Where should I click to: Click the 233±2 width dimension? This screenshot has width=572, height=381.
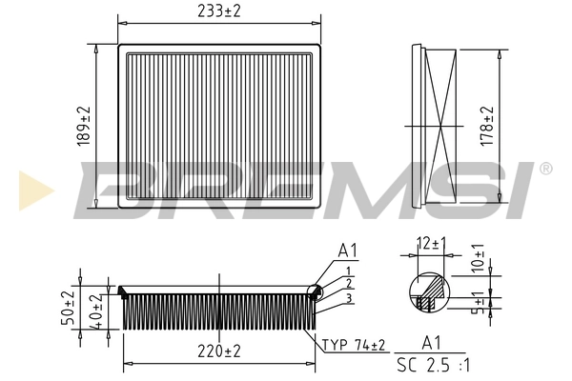point(219,10)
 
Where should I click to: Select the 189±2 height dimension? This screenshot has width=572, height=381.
point(84,126)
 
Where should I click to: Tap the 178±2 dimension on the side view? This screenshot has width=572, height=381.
point(486,126)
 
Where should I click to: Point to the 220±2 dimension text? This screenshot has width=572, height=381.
point(219,351)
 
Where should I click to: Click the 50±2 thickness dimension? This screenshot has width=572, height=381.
point(68,308)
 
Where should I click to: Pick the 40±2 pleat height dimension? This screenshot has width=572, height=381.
point(95,312)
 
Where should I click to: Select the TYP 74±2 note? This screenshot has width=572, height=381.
point(353,345)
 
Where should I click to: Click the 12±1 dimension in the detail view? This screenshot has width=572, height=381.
point(432,243)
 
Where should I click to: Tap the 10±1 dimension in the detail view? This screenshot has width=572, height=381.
point(478,257)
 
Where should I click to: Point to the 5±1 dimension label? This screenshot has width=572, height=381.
point(478,302)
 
